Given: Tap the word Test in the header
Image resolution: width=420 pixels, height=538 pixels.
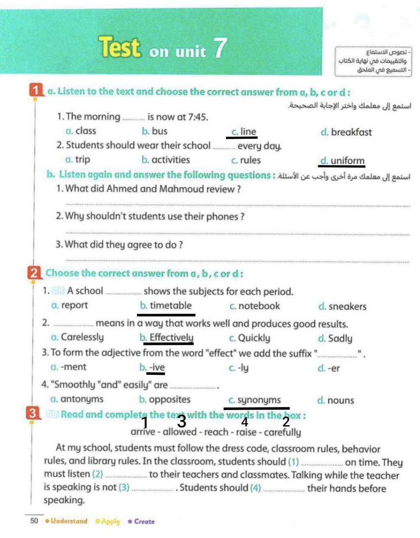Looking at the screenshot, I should (x=120, y=47).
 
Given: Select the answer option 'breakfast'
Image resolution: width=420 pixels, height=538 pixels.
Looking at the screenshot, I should (x=351, y=132).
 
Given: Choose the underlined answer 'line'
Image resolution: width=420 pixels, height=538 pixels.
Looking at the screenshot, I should (x=248, y=132).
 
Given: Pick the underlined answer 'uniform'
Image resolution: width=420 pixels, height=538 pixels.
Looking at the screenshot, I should (x=347, y=161).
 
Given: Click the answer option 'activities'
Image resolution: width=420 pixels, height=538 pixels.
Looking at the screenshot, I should (x=170, y=160).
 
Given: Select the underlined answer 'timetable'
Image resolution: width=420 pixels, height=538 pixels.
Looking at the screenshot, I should (x=170, y=305).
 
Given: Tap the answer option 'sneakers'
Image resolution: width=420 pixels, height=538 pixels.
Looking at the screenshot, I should (x=347, y=307).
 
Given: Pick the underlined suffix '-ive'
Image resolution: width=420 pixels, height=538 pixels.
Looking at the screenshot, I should (x=157, y=367).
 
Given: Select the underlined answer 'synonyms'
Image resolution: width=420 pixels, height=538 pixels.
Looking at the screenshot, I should (x=259, y=400).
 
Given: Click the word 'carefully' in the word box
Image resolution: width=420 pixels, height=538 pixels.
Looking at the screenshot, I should (x=282, y=432).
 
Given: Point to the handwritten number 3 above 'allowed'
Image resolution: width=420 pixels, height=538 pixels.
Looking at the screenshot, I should (x=182, y=421).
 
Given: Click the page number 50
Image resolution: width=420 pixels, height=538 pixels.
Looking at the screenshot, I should (x=34, y=521).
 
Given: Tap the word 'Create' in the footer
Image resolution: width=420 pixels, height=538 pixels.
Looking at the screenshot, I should (x=144, y=522).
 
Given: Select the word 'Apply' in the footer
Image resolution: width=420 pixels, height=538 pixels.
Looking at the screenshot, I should (x=110, y=522).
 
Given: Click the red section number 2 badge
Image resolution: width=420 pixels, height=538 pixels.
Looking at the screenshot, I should (x=34, y=273).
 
